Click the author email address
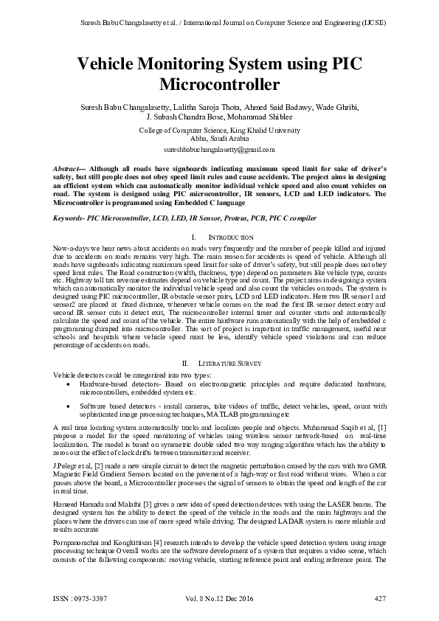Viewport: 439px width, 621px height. coord(219,148)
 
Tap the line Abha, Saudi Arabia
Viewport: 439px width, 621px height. coord(219,138)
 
